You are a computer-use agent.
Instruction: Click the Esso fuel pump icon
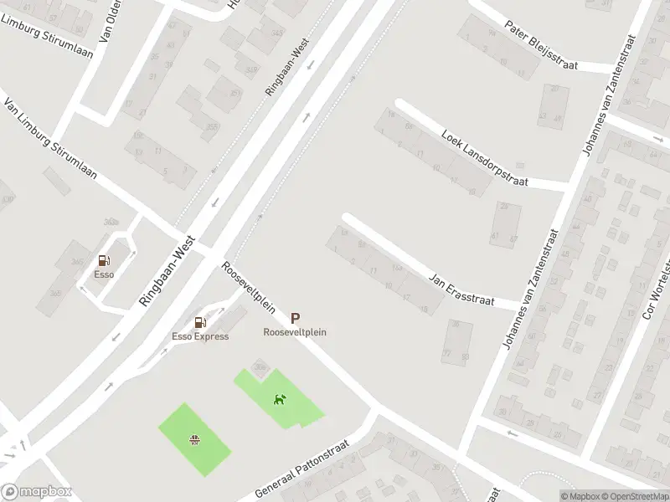104,261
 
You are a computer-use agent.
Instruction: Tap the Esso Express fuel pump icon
200,323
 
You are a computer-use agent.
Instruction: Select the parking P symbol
295,318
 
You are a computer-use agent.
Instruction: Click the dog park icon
280,399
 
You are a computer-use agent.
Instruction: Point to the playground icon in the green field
195,440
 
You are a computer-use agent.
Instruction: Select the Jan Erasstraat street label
461,289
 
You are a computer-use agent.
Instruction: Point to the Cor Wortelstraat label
657,284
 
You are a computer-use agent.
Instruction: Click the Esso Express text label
200,336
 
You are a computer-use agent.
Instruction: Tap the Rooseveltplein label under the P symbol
295,332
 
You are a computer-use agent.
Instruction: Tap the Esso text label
104,274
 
